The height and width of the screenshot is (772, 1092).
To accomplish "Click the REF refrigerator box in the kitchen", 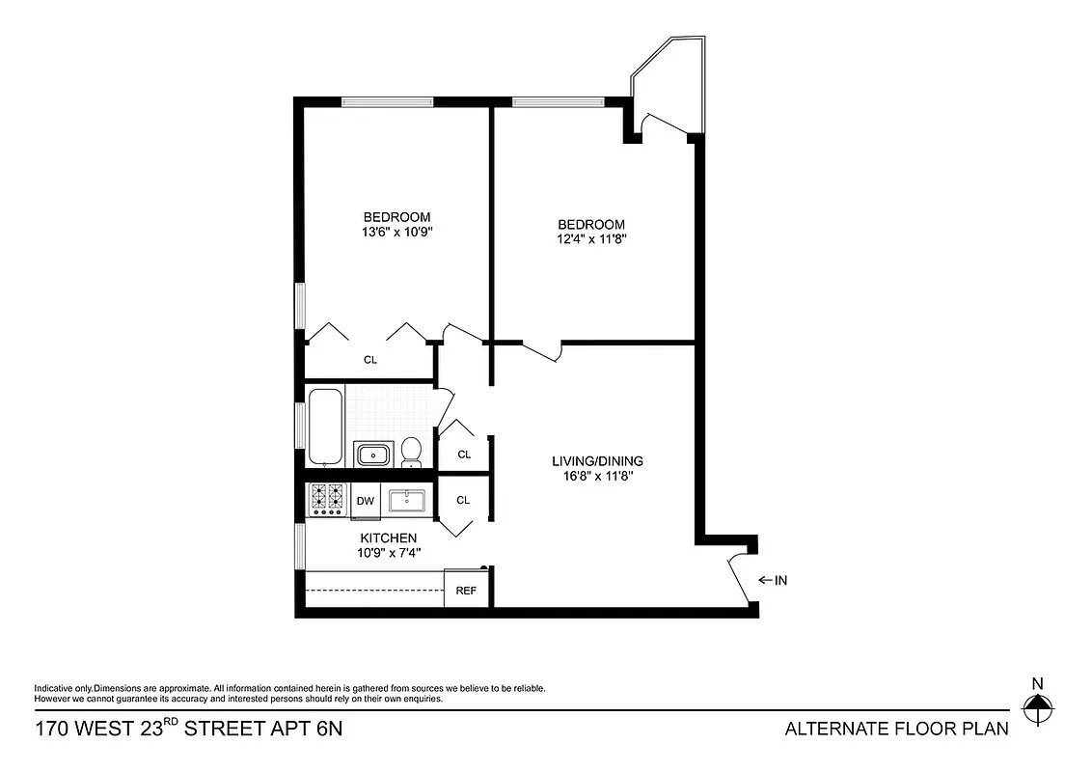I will click(466, 590).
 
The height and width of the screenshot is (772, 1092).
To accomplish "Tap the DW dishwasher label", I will click(365, 501).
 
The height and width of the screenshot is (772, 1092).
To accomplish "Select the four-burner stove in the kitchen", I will click(327, 499).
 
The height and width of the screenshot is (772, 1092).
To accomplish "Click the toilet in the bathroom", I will click(411, 452).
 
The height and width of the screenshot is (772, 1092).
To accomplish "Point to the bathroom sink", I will click(371, 454).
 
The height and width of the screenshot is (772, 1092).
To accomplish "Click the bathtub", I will click(324, 427).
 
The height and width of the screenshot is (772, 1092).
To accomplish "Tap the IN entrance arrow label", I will click(774, 580).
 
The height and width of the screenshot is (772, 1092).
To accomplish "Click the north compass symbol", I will click(1038, 712).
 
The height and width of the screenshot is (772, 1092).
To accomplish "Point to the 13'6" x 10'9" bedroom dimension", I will click(396, 233).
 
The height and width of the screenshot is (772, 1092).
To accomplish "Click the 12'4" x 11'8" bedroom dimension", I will click(590, 239).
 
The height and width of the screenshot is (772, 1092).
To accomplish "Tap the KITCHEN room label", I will click(389, 538).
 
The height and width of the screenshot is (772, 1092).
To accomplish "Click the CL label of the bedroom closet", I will click(370, 360).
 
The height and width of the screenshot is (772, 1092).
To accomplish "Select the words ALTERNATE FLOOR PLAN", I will click(896, 728).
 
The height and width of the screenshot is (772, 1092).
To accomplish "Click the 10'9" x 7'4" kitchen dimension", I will click(389, 553).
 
